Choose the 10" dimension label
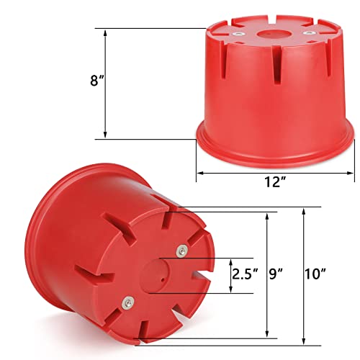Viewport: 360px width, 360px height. click(x=315, y=274)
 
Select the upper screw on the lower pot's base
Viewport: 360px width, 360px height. click(x=181, y=250)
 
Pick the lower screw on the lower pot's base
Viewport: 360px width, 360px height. click(x=128, y=303)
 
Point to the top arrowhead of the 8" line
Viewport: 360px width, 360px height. click(x=105, y=31)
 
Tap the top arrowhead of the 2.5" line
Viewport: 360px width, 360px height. click(x=231, y=260)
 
